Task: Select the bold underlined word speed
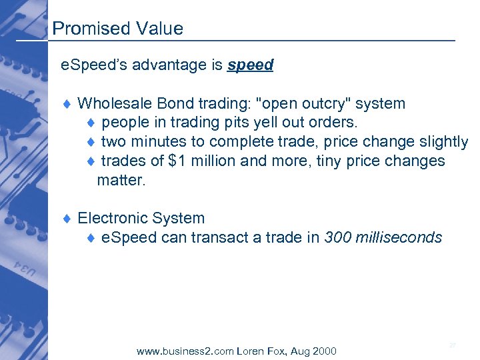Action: pyautogui.click(x=250, y=65)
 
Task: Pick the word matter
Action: pyautogui.click(x=121, y=180)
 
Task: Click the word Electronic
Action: pyautogui.click(x=110, y=219)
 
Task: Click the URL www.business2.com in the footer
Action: pyautogui.click(x=185, y=351)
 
